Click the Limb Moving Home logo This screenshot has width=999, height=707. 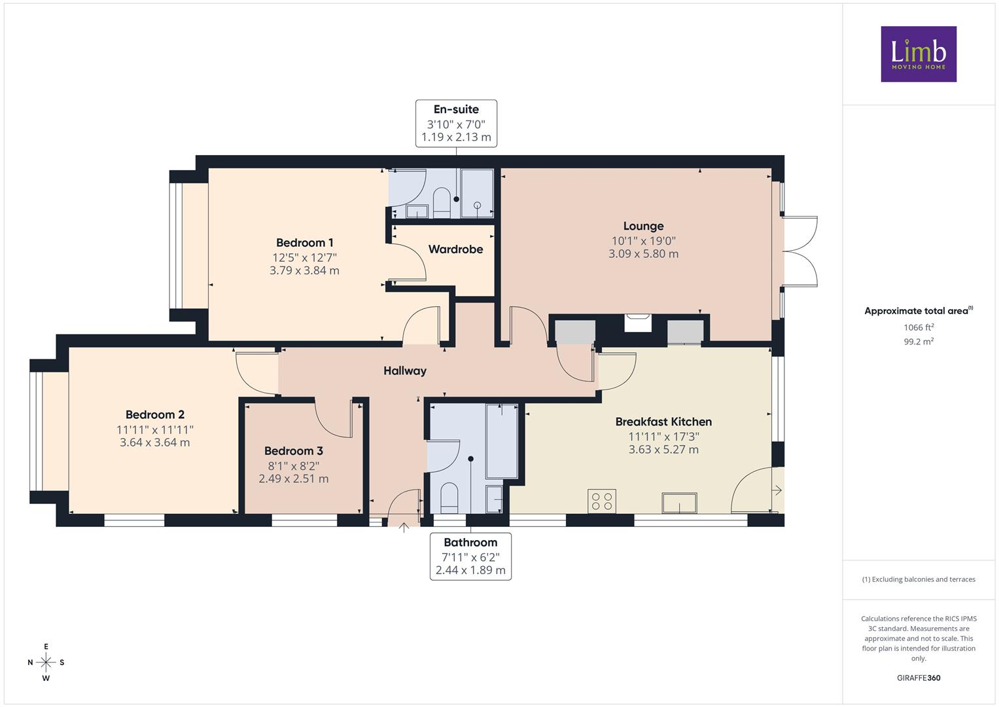click(x=919, y=54)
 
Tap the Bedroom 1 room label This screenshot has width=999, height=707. click(x=305, y=243)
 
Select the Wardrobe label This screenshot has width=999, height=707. click(x=456, y=249)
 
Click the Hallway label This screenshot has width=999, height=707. click(x=405, y=371)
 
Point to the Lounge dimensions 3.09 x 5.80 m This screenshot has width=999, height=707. click(x=644, y=254)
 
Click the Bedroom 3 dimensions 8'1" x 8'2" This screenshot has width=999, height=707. click(x=294, y=466)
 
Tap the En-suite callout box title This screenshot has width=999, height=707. click(x=456, y=109)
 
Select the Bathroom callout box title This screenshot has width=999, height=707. click(x=470, y=542)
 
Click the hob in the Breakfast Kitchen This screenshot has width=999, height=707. click(x=602, y=501)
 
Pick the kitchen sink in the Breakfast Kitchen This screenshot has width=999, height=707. click(x=679, y=503)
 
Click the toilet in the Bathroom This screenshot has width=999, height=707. click(x=449, y=499)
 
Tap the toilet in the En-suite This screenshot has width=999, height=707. click(x=442, y=203)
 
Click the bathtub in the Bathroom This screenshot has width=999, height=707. click(x=502, y=441)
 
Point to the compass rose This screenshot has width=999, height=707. click(x=46, y=662)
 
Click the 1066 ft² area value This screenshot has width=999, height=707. click(x=919, y=327)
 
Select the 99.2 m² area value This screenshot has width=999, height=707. click(x=919, y=342)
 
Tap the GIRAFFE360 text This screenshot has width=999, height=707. click(x=919, y=678)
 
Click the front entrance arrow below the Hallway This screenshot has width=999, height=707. click(x=404, y=528)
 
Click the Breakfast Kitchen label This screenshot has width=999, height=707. click(x=663, y=422)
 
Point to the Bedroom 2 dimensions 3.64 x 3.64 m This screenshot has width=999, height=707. click(x=155, y=443)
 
